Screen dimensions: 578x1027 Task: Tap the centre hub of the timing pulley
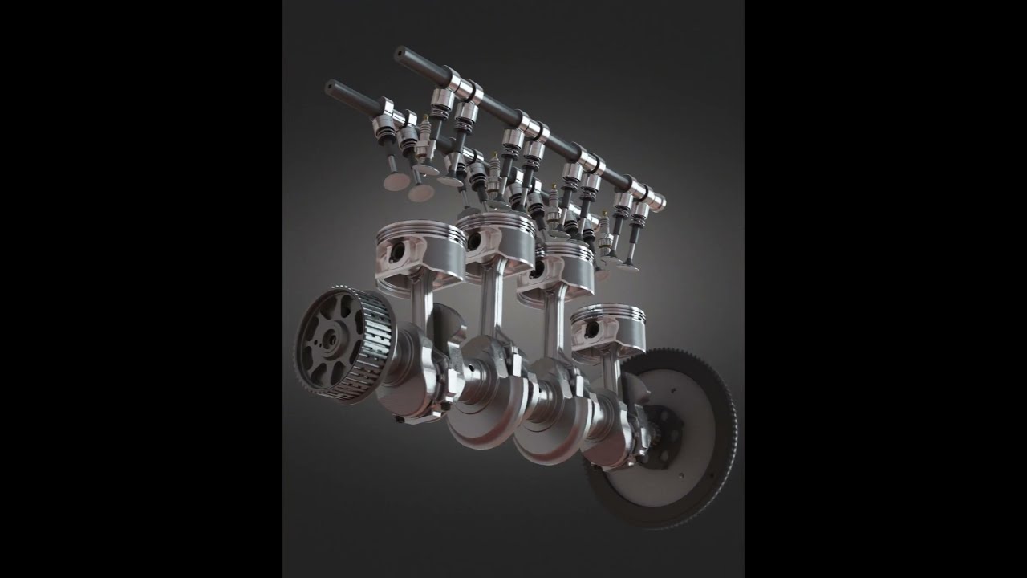point(330,342)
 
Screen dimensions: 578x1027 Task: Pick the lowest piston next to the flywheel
point(608,329)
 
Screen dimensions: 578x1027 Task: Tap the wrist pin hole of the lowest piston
point(592,329)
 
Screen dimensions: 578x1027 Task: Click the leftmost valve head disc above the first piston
point(396,181)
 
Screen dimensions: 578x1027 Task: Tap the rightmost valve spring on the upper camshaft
point(639,217)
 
